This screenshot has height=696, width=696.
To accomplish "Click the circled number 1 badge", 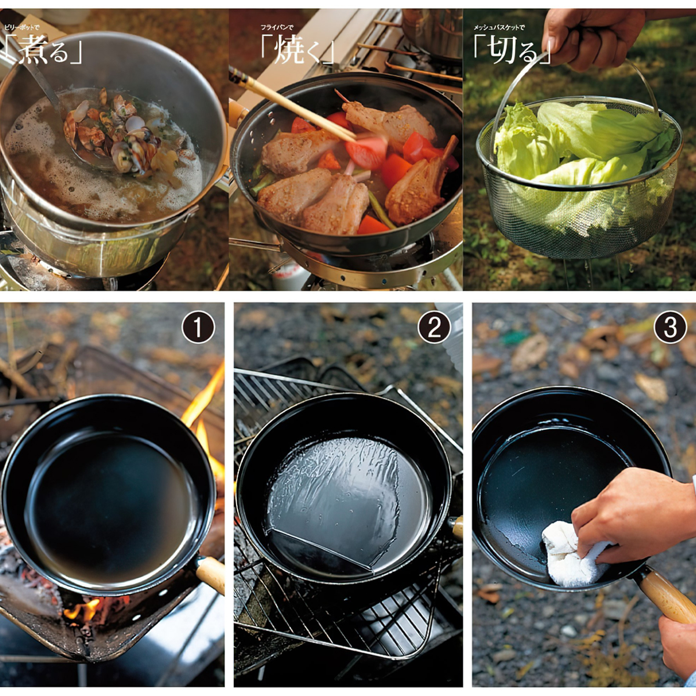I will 198,329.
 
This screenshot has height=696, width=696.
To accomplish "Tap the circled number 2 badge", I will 434,329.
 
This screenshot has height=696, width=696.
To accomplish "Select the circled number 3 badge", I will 670,329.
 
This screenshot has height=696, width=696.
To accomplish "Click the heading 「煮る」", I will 43,51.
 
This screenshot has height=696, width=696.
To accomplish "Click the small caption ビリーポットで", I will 23,27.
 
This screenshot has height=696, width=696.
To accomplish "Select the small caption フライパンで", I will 277,27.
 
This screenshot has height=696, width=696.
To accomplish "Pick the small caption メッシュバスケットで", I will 499,27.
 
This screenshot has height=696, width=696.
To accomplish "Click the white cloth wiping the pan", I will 571,554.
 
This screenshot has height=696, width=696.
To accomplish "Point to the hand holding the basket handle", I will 586,35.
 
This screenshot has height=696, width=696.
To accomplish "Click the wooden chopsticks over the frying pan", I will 290,101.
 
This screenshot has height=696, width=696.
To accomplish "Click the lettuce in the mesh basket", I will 574,145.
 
